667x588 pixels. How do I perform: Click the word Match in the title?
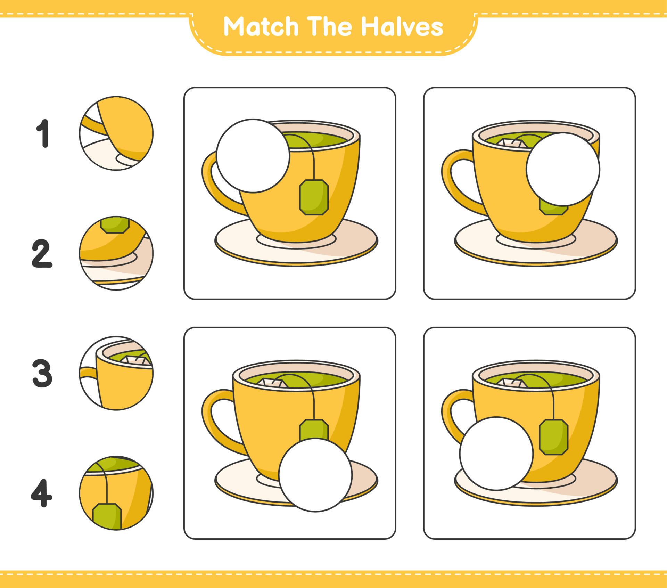[x=261, y=27]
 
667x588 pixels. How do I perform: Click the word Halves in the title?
[x=402, y=27]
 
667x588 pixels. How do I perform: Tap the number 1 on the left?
[x=43, y=133]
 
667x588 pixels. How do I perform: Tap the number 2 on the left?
[x=42, y=253]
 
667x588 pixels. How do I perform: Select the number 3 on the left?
[x=42, y=373]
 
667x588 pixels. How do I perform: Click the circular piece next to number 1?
[x=116, y=133]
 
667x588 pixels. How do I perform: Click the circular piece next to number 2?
[x=116, y=253]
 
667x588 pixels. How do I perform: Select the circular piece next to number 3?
[x=116, y=373]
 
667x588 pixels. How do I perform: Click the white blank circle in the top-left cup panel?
[x=253, y=156]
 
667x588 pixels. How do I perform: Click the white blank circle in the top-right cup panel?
[x=563, y=169]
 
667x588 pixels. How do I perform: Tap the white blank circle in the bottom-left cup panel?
[x=315, y=475]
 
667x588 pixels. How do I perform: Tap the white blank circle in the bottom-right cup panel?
[x=496, y=454]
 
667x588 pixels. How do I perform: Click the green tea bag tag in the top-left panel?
[x=314, y=197]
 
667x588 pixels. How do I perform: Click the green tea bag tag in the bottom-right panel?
[x=554, y=437]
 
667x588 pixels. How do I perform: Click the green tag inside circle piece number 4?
[x=107, y=516]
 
